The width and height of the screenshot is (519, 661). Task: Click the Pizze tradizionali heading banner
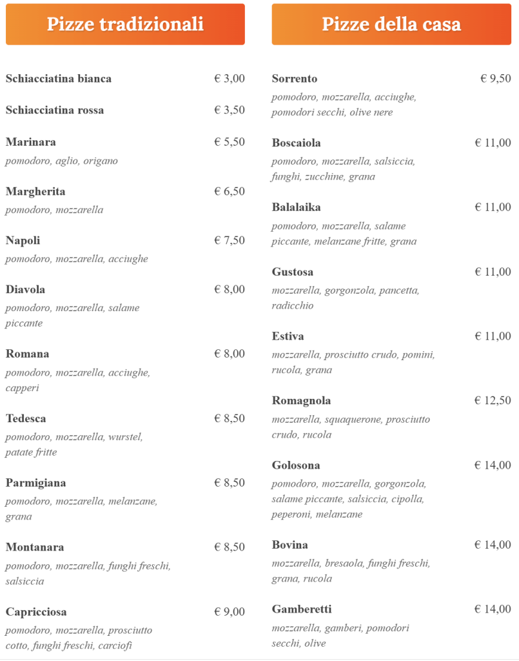(x=125, y=25)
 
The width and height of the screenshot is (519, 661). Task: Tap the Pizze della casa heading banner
(x=391, y=25)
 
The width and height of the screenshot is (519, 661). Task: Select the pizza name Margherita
(x=35, y=192)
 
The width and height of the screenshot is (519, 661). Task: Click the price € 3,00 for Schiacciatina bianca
(x=230, y=79)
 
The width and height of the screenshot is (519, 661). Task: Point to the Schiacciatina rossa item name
(x=55, y=110)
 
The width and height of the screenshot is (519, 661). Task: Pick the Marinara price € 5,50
(x=230, y=142)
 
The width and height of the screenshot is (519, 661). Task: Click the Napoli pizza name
(x=23, y=241)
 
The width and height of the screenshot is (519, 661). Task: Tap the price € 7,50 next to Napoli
(x=230, y=241)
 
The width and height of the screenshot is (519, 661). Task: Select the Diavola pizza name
(x=25, y=290)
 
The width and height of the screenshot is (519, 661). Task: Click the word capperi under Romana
(x=23, y=388)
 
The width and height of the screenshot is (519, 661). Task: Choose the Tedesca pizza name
(x=26, y=419)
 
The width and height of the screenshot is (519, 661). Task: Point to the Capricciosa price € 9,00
(x=230, y=612)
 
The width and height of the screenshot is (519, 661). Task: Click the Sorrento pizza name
(x=295, y=79)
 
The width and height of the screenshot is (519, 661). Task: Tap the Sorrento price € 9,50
(x=496, y=79)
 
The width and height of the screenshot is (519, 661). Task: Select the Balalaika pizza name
(x=296, y=208)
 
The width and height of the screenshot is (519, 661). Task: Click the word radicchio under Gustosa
(x=293, y=305)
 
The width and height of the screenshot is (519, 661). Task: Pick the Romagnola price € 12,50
(x=493, y=401)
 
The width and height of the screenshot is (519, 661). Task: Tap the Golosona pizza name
(x=296, y=466)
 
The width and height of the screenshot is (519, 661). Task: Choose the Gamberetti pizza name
(x=302, y=610)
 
